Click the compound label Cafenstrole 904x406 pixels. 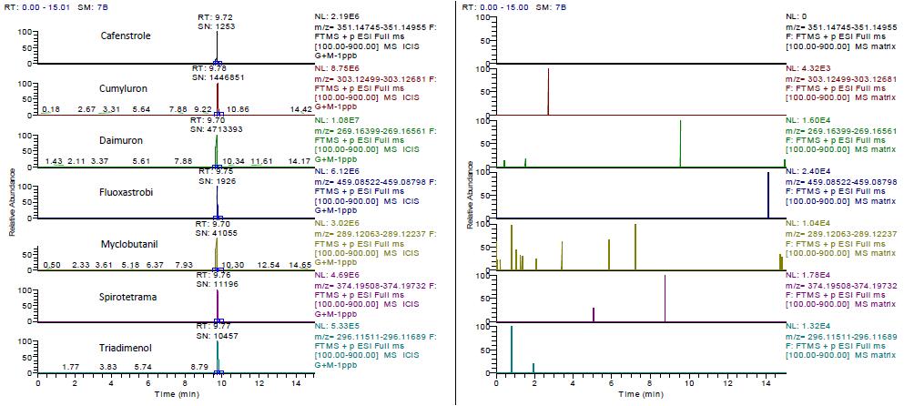click(126, 36)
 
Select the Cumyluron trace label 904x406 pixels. click(126, 88)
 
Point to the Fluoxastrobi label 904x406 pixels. click(126, 193)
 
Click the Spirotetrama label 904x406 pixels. click(126, 297)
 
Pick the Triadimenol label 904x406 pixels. click(126, 349)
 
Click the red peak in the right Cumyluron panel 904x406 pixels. click(548, 91)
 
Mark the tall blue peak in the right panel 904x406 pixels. click(768, 195)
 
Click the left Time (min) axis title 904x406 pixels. click(175, 396)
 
